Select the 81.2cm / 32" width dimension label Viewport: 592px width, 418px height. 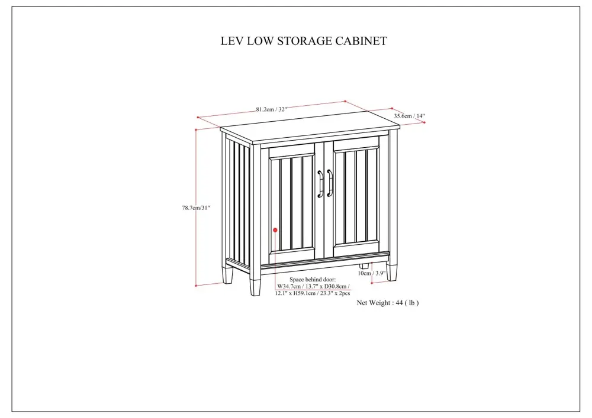(272, 109)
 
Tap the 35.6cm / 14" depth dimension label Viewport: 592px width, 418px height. (409, 116)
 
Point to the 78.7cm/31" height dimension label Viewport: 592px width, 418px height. (196, 208)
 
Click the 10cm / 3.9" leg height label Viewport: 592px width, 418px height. (372, 273)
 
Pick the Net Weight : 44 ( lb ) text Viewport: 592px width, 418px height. (388, 302)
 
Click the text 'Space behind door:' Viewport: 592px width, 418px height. (312, 279)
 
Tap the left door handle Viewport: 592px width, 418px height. (320, 183)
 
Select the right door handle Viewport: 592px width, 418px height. (330, 183)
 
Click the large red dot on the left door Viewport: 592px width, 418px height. (275, 230)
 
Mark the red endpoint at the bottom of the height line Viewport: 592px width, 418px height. (196, 286)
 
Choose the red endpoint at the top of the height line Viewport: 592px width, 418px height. (196, 129)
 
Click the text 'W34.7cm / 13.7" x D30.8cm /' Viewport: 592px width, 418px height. (313, 286)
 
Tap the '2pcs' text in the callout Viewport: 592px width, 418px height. (344, 293)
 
